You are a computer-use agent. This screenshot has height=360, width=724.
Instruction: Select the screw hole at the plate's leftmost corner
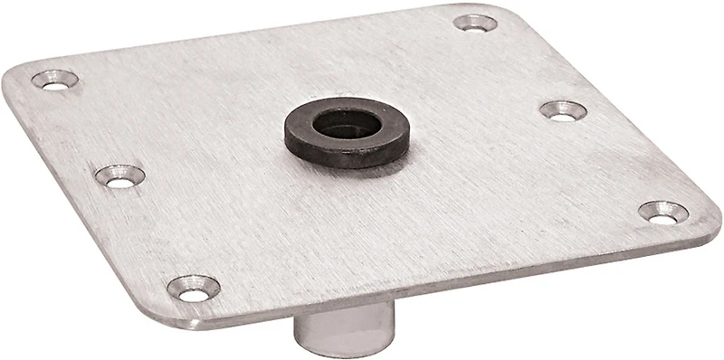(54, 80)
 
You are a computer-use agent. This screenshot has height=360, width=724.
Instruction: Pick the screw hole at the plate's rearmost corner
(475, 23)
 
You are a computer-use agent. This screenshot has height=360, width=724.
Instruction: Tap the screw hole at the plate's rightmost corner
(663, 213)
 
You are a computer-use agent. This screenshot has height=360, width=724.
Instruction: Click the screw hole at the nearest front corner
(193, 289)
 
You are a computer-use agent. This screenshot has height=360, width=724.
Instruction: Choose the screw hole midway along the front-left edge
(120, 175)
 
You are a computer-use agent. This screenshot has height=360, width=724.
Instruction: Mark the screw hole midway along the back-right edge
(563, 110)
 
